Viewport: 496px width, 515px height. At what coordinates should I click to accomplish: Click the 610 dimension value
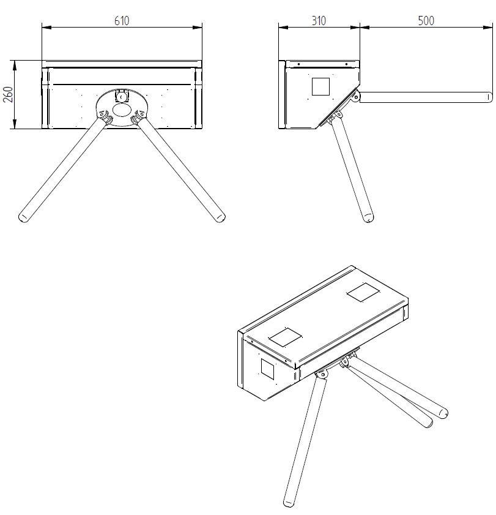(x=122, y=21)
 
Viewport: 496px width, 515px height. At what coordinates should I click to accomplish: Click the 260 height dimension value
(x=8, y=94)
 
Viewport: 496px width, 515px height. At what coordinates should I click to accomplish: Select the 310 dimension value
(x=319, y=21)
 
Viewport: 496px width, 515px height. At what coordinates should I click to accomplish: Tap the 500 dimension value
(x=426, y=21)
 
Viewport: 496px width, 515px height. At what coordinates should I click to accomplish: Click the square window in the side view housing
(x=320, y=87)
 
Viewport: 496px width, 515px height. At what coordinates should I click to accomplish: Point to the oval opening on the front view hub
(x=122, y=110)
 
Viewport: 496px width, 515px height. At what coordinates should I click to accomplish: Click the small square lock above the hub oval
(x=122, y=96)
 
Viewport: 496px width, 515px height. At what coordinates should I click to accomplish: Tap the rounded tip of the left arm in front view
(x=23, y=217)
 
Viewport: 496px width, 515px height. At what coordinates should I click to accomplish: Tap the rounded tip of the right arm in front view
(x=220, y=217)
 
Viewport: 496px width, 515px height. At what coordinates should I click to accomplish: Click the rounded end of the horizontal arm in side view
(x=489, y=97)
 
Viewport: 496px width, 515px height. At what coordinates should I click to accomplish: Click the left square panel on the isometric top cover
(x=285, y=337)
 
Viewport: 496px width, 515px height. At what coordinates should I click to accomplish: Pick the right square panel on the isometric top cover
(x=363, y=292)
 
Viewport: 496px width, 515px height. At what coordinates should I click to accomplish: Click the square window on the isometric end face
(x=267, y=369)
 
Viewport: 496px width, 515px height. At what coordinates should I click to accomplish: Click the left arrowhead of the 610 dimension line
(x=46, y=28)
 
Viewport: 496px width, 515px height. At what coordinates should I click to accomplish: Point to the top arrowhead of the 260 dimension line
(x=14, y=65)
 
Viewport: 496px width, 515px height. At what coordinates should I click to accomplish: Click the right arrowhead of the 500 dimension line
(x=489, y=28)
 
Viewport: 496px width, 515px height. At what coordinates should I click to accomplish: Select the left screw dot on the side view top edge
(x=298, y=64)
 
